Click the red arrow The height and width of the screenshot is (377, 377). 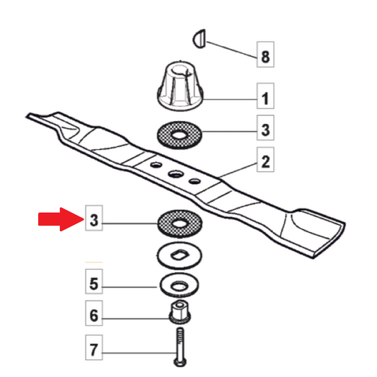[61, 219]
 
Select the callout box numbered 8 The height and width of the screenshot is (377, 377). [265, 54]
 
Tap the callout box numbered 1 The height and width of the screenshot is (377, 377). [265, 95]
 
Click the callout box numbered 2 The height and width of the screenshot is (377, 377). [265, 160]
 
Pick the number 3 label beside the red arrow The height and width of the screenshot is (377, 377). [94, 218]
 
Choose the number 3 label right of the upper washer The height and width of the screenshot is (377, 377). [265, 127]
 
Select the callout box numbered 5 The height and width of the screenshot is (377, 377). [94, 282]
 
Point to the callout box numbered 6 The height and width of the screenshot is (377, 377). [94, 313]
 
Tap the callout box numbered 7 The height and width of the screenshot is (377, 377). [94, 347]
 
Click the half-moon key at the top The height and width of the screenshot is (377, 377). [200, 39]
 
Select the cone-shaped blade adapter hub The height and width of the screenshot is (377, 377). [180, 86]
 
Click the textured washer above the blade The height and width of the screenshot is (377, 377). [180, 135]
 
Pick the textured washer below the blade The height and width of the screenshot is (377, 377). [180, 224]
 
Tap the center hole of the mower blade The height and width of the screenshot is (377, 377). [175, 173]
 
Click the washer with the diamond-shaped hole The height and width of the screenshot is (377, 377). [180, 256]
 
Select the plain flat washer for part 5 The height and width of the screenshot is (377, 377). [180, 286]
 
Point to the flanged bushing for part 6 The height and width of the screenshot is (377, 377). [180, 313]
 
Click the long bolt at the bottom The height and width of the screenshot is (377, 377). [180, 347]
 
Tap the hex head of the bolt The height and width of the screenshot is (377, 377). [180, 362]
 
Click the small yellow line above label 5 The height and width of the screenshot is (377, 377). [94, 262]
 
